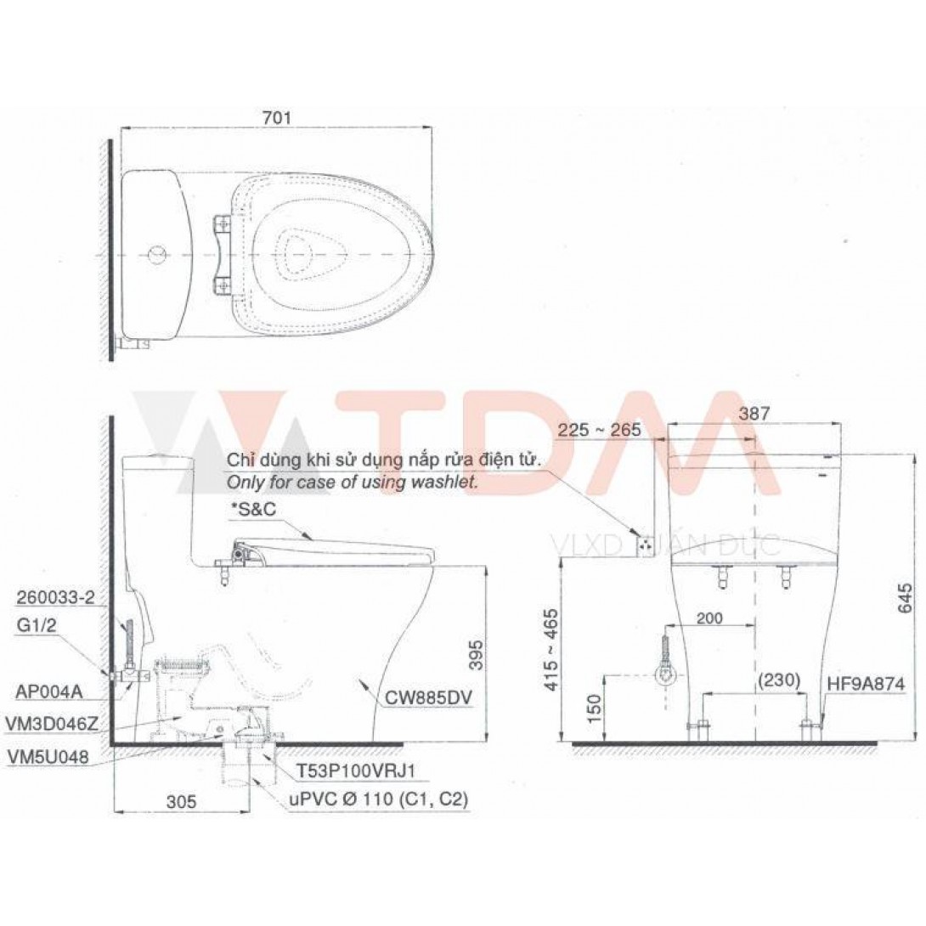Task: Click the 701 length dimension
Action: coord(277,118)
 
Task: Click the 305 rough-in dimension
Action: coord(181,801)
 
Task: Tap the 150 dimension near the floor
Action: coord(595,706)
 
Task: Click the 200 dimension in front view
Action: coord(709,618)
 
